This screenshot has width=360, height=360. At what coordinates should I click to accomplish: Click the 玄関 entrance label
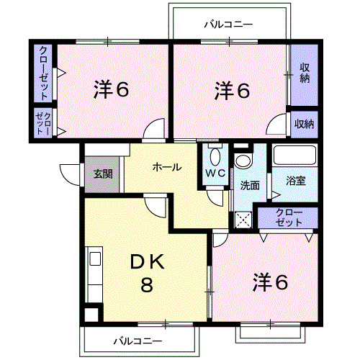(x=102, y=174)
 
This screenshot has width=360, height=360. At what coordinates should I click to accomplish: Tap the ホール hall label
(x=166, y=167)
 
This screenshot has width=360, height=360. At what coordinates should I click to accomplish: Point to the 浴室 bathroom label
(x=296, y=181)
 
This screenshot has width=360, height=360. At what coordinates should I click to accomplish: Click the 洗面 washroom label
(x=250, y=185)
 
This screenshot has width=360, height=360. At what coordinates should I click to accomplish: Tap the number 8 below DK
(x=146, y=286)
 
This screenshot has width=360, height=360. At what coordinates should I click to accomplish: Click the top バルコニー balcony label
(x=228, y=24)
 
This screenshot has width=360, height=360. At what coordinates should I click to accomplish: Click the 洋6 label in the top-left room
(x=111, y=91)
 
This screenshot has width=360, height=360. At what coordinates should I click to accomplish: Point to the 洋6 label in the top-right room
(x=231, y=91)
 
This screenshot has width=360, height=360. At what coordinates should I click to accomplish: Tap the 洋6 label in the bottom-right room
(x=269, y=282)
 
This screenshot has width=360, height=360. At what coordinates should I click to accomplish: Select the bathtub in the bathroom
(x=296, y=156)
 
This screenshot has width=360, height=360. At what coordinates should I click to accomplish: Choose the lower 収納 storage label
(x=304, y=124)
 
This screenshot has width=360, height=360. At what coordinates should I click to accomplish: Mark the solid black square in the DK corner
(x=91, y=315)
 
